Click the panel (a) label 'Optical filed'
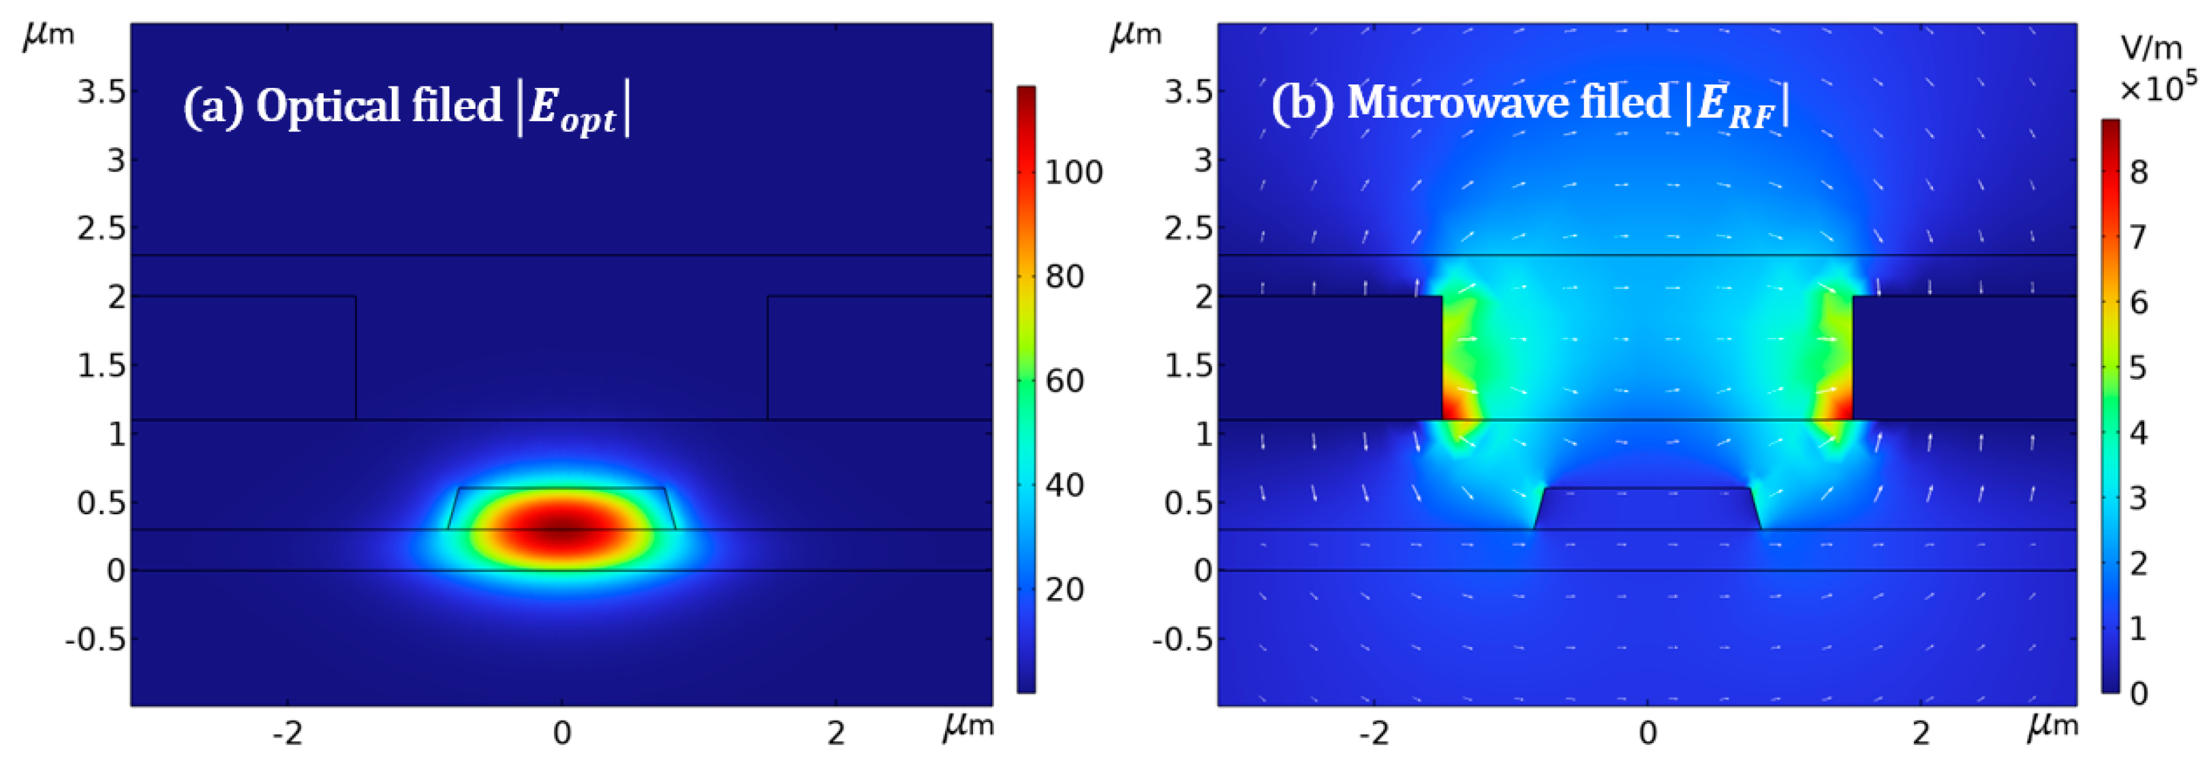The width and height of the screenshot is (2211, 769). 377,106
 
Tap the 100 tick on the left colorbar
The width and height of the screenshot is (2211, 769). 1073,172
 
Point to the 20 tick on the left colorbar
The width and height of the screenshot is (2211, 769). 1064,590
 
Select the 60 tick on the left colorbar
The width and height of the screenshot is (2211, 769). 1064,380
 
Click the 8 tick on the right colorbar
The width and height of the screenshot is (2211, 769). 2139,172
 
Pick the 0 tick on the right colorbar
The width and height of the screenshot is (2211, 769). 2139,693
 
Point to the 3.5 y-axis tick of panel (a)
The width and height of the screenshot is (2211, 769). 102,92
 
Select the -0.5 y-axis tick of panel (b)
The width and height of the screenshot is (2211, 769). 1182,640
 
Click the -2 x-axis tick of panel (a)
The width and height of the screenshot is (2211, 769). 288,733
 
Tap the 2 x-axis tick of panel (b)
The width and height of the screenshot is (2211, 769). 1921,733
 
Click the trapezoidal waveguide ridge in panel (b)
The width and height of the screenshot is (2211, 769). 1647,509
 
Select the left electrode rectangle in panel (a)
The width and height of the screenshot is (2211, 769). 244,358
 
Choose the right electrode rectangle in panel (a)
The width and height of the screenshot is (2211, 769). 879,358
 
